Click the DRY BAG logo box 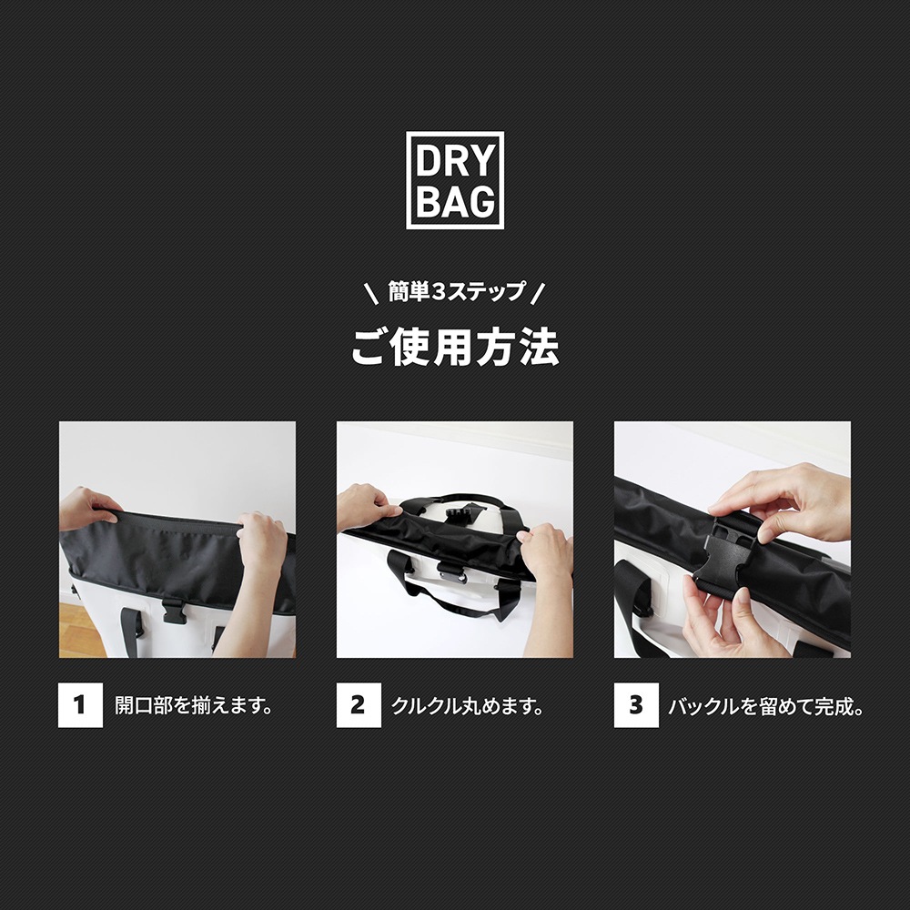click(454, 180)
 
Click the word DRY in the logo click(454, 162)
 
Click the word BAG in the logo click(454, 201)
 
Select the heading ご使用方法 click(454, 347)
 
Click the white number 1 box click(80, 705)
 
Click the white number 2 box click(358, 705)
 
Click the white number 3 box click(636, 705)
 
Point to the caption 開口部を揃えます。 click(194, 706)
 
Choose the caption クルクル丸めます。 click(468, 706)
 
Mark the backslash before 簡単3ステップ click(370, 294)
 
